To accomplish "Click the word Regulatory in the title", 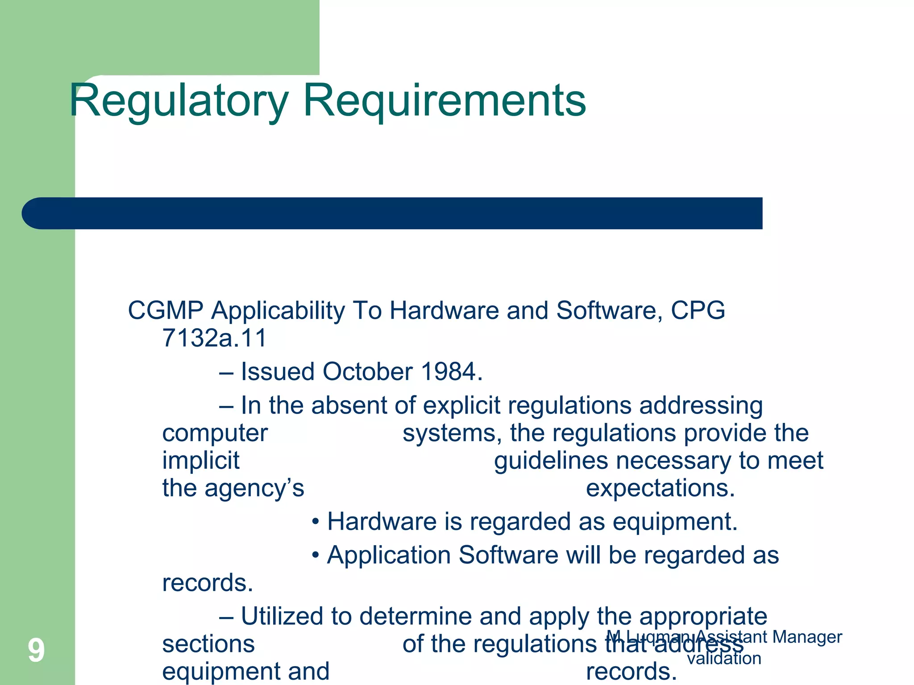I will point(179,102).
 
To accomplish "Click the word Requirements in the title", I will point(444,102).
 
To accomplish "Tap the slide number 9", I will point(36,650).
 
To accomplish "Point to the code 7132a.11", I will point(214,338).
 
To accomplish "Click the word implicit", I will point(201,460).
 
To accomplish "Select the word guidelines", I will point(551,460).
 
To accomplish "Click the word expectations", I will point(660,488).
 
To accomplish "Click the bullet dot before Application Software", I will point(316,556).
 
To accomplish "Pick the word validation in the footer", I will point(724,658).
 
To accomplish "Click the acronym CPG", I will point(698,310).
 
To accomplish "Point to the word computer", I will point(215,434).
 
